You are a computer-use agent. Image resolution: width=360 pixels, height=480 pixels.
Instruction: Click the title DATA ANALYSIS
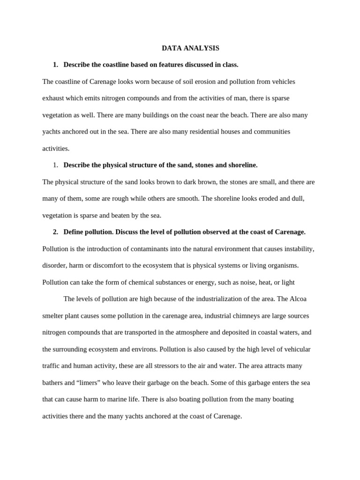(x=190, y=48)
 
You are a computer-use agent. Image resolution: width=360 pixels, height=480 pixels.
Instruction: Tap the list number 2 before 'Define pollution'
(x=55, y=232)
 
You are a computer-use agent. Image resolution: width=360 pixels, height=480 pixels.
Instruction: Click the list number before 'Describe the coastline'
(x=55, y=65)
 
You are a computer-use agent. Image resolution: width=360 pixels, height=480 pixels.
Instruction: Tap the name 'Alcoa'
(x=298, y=299)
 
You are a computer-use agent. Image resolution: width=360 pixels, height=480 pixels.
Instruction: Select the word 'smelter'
(x=53, y=316)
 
